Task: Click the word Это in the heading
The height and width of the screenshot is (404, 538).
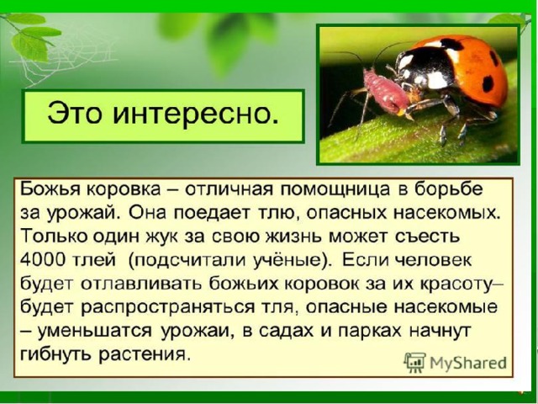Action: [75, 114]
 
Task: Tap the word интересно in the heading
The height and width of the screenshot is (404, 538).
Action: [194, 114]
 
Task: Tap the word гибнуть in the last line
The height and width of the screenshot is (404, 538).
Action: [56, 354]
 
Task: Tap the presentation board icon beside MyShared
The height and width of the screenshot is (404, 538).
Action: [414, 362]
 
